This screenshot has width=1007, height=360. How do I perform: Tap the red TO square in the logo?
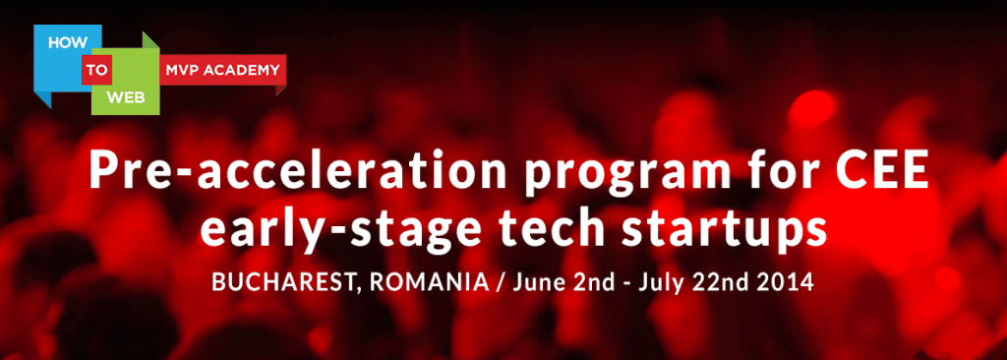point(97,70)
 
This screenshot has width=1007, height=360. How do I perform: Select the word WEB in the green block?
point(124,97)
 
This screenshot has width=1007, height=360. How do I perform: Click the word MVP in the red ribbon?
point(182,70)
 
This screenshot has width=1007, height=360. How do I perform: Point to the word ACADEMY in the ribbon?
point(242,70)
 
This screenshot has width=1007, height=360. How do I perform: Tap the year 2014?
point(784,281)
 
